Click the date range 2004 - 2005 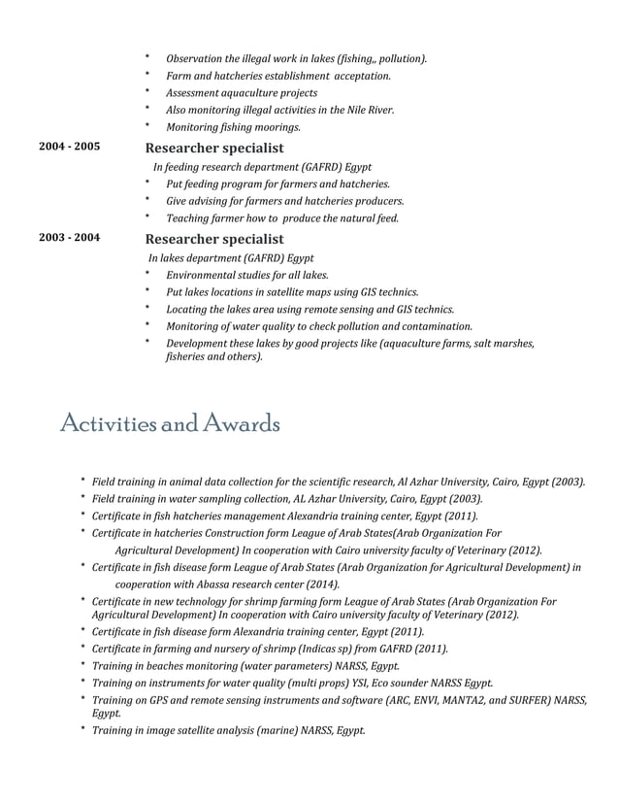[x=69, y=148]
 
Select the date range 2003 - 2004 [x=69, y=238]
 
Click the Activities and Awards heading [x=170, y=424]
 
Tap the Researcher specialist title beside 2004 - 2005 [x=213, y=149]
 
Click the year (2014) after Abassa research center [x=319, y=585]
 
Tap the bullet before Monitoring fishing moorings [x=147, y=126]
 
